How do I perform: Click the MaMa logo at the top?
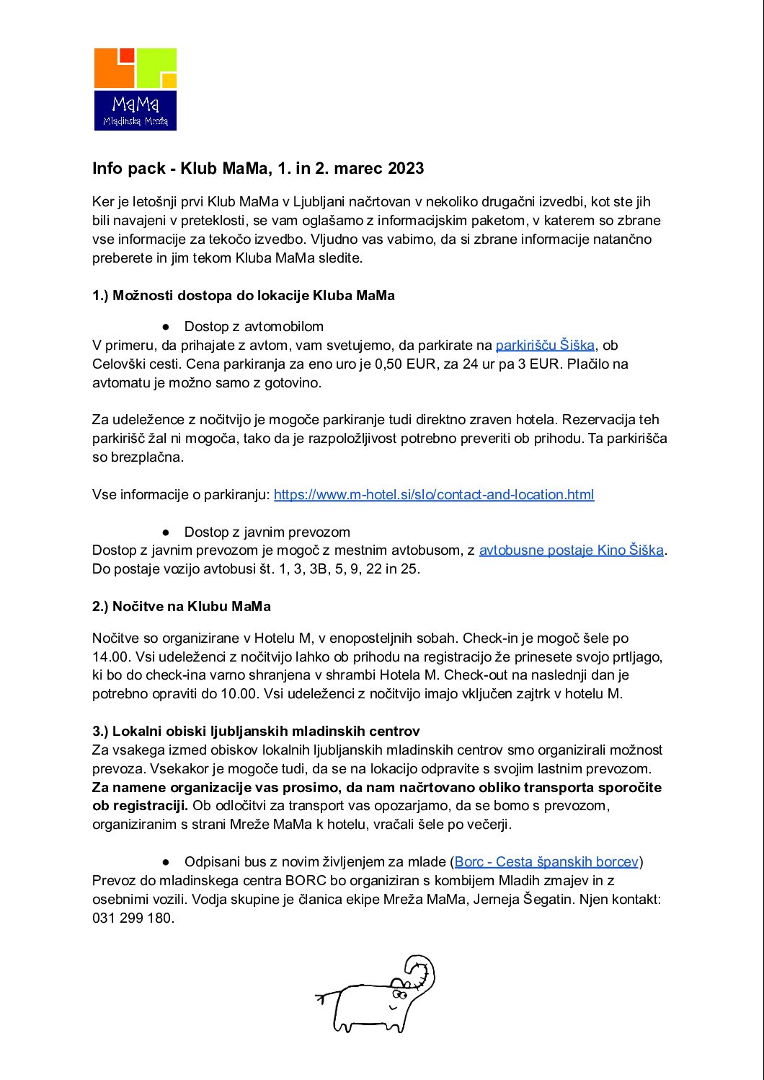click(x=136, y=89)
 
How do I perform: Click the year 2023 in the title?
click(x=405, y=169)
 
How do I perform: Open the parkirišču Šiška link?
click(x=545, y=346)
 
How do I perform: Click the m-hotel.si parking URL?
click(x=434, y=495)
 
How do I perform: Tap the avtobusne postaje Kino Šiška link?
click(x=571, y=550)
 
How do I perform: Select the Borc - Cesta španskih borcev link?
click(x=546, y=862)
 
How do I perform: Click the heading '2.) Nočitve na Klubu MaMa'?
click(x=182, y=607)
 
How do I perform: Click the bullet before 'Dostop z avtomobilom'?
click(x=166, y=327)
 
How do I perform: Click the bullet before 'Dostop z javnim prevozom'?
click(x=166, y=532)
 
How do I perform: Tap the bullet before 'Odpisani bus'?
click(x=166, y=862)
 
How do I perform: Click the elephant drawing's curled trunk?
click(x=422, y=970)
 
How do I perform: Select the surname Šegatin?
click(x=548, y=900)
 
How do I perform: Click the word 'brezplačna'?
click(x=148, y=457)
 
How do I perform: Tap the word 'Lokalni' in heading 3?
click(x=137, y=732)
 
